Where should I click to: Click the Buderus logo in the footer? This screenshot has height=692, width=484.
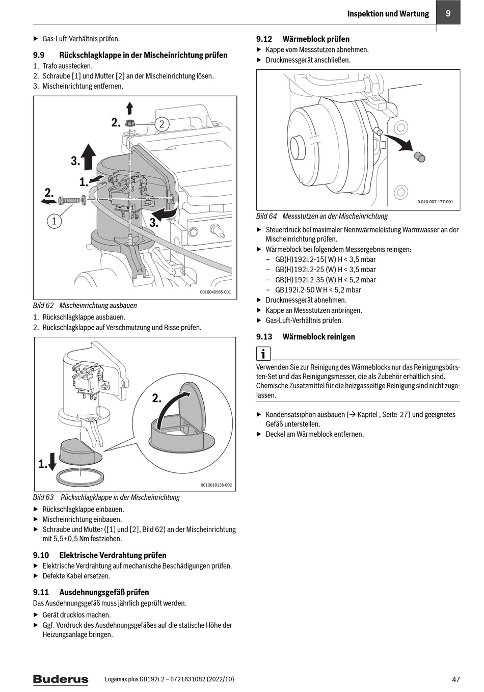pos(61,679)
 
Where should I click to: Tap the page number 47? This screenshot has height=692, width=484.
pos(455,679)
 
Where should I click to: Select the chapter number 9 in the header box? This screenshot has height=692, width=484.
pos(448,13)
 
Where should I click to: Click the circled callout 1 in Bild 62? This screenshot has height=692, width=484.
pos(54,221)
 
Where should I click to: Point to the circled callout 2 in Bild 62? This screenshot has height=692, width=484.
pos(162,124)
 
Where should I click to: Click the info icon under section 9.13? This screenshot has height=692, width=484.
pos(263,354)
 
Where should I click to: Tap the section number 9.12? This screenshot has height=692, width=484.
pos(264,39)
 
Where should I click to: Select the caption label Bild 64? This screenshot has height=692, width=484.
pos(266,216)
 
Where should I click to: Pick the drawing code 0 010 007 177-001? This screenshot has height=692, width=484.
pos(435,202)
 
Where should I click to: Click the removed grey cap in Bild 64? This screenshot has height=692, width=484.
pos(419,156)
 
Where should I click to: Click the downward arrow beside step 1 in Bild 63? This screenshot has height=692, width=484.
pos(51,460)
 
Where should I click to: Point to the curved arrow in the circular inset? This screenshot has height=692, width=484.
pos(172,407)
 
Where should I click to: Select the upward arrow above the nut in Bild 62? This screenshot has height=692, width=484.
pos(130,108)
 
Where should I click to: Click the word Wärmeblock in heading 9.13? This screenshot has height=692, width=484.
pos(301,337)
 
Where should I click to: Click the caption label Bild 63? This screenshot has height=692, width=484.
pos(43,497)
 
